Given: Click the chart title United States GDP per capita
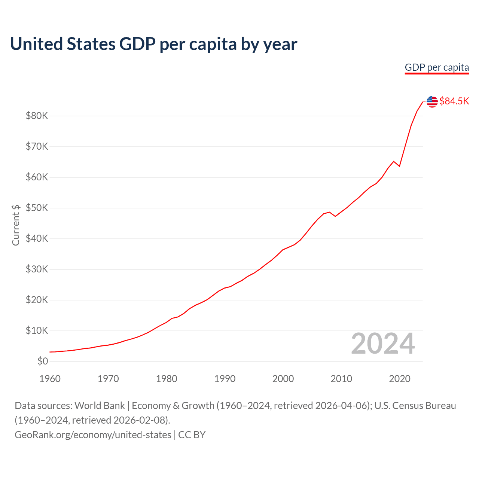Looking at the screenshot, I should tap(153, 44).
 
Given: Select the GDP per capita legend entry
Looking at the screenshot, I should tap(437, 68).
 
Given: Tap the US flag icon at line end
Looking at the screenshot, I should tap(432, 101).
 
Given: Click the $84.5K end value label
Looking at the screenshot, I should tap(454, 101).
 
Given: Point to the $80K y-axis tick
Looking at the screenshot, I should tap(37, 116).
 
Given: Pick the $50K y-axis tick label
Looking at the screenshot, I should tap(37, 208).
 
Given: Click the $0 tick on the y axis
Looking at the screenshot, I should tap(43, 361).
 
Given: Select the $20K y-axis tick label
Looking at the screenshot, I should tap(37, 300).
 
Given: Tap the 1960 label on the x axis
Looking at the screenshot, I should tap(50, 379).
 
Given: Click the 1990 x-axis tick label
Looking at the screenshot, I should tap(225, 379).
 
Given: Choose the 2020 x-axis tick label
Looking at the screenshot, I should tap(400, 379).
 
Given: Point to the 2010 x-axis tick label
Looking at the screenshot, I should tap(341, 379).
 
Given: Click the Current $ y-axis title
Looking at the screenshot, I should tap(16, 225).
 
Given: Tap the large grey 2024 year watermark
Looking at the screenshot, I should tap(383, 344).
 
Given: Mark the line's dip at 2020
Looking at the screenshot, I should tap(399, 166).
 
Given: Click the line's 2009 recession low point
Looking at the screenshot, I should tap(335, 216).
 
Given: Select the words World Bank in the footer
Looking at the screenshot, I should tap(100, 406).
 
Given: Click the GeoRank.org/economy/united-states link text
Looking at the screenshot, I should tap(93, 435).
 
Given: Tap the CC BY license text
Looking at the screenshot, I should tap(192, 435).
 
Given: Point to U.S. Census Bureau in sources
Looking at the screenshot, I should tap(415, 406).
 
